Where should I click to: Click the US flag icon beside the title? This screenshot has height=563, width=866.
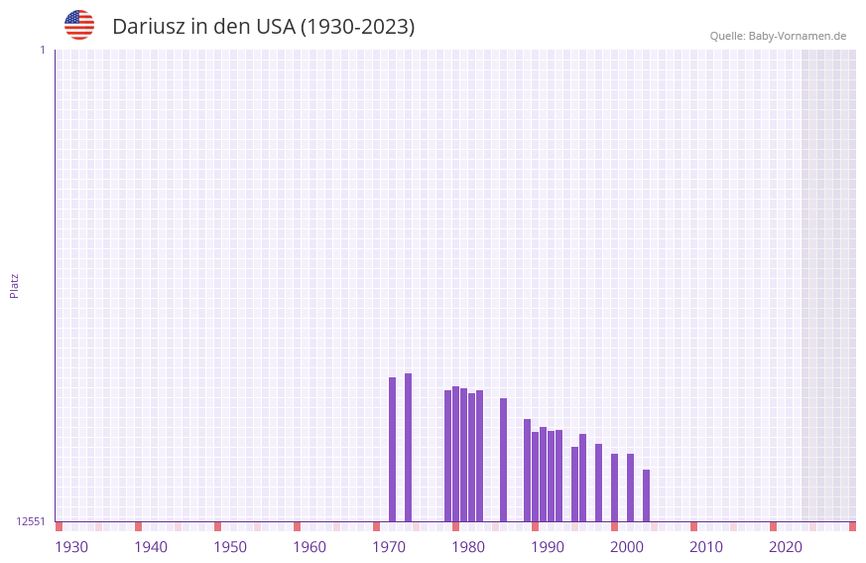pos(79,25)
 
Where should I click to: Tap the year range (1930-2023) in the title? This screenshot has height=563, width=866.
pos(357,27)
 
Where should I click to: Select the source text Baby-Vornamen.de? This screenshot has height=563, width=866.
pos(797,36)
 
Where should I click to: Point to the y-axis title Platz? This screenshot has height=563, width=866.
pos(14,285)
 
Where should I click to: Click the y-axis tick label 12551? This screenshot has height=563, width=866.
pos(31,521)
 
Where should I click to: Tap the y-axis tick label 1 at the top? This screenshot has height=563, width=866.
pos(42,50)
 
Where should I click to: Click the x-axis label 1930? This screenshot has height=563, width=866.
pos(71,547)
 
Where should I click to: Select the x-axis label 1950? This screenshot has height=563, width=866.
pos(230,547)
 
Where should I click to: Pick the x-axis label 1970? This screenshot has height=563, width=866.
pos(389,547)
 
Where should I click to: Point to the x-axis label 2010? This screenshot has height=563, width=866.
pos(706,547)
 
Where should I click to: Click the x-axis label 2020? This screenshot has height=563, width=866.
pos(786,547)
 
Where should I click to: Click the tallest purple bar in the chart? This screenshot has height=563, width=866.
pos(408,447)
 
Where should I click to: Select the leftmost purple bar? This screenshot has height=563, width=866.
pos(392,449)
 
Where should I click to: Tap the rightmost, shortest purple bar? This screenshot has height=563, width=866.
pos(646,495)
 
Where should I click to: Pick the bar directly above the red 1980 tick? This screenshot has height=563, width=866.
pos(455,454)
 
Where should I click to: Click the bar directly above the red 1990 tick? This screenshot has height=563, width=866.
pos(535,477)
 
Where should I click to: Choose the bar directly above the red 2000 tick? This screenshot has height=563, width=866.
pos(614,488)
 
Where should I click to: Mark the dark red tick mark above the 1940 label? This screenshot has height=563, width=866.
pos(138,526)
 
